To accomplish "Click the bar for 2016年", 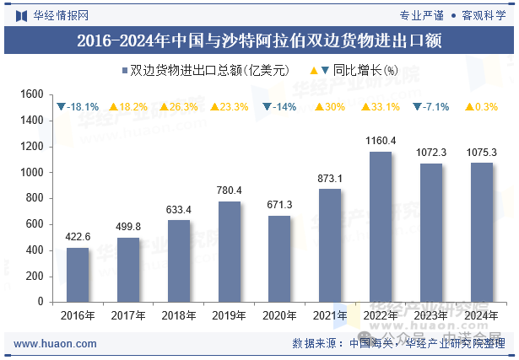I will (x=78, y=274).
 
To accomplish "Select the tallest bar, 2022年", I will (x=381, y=226).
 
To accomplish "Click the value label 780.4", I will (x=229, y=190).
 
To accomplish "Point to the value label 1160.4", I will (x=381, y=140).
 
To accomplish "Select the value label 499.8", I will (x=128, y=226).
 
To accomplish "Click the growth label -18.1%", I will (x=78, y=107).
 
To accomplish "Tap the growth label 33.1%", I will (x=381, y=107).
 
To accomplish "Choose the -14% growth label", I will (x=279, y=107).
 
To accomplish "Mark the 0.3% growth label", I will (x=481, y=107).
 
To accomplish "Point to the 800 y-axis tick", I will (x=34, y=198).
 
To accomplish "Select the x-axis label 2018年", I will (x=179, y=315).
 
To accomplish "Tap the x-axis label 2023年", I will (x=430, y=315).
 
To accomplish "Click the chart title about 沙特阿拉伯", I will (x=259, y=40).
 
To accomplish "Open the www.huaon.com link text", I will (x=56, y=344).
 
